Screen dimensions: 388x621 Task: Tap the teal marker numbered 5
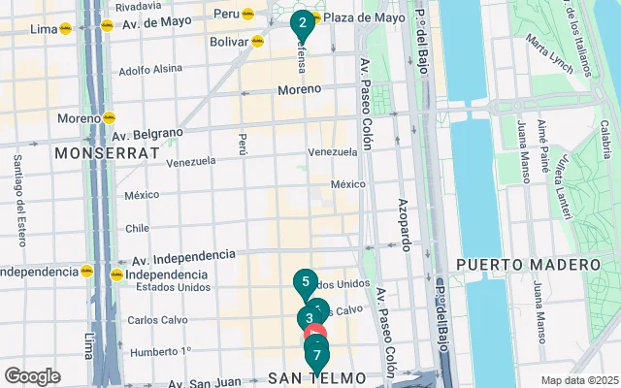[306, 283]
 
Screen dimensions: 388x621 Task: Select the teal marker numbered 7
[316, 356]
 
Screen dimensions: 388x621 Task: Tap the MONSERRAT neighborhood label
[107, 153]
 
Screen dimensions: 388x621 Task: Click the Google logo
[32, 376]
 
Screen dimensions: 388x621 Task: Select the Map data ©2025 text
[578, 380]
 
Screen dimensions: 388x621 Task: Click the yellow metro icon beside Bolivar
[257, 42]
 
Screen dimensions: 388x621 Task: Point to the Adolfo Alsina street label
[151, 70]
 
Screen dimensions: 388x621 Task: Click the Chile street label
[136, 229]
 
